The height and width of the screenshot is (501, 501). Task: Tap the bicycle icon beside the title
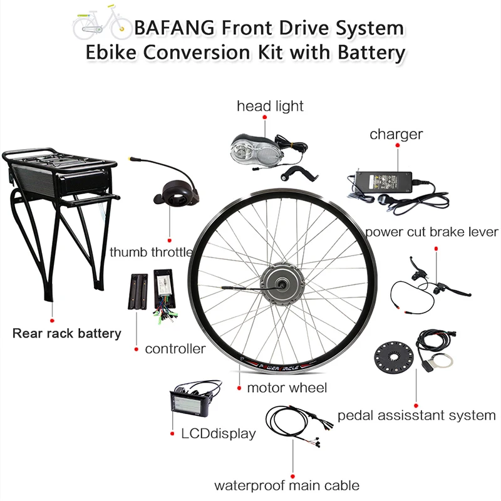click(x=100, y=26)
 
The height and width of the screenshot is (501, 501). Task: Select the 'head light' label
click(x=270, y=106)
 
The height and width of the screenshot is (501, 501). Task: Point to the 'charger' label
click(x=396, y=134)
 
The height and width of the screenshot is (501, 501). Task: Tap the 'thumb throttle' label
click(x=151, y=252)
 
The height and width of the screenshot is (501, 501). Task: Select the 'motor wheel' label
click(x=287, y=388)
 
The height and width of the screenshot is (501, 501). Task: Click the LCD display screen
click(x=187, y=406)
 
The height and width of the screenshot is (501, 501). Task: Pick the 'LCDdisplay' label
click(x=218, y=433)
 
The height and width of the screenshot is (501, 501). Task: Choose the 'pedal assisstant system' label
click(x=416, y=415)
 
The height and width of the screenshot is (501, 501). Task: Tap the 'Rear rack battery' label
click(x=67, y=333)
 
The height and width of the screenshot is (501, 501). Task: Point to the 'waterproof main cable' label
click(x=287, y=485)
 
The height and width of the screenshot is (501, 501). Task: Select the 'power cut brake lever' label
click(x=431, y=232)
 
